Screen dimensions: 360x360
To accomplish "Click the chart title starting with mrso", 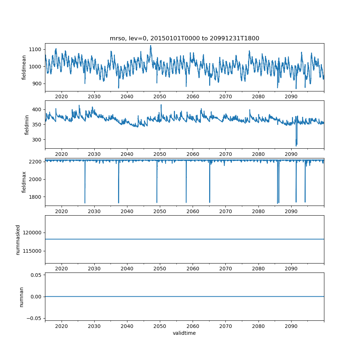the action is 184,38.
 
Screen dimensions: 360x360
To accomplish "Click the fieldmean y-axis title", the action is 24,68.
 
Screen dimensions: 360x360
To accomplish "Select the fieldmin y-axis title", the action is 27,125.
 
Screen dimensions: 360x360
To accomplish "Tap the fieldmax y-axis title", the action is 24,182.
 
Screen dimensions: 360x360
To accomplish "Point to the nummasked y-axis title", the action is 18,240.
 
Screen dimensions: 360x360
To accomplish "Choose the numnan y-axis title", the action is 21,297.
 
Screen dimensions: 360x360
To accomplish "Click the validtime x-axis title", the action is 184,333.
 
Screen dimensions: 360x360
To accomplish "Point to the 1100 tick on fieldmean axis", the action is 35,49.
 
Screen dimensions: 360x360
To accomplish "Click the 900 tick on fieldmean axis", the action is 37,84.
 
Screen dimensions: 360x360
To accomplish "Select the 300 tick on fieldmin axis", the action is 37,140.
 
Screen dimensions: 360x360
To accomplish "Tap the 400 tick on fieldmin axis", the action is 37,109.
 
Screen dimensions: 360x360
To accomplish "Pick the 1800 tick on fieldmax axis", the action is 35,197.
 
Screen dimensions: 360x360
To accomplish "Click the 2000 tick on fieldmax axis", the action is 35,179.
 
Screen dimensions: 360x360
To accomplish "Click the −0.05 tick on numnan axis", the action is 34,318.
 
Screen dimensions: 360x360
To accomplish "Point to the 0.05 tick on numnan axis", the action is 36,275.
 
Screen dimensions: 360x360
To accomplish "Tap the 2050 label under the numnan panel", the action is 160,326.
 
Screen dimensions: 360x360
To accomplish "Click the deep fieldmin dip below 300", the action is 296,144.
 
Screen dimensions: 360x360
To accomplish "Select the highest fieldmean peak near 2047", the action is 150,46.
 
